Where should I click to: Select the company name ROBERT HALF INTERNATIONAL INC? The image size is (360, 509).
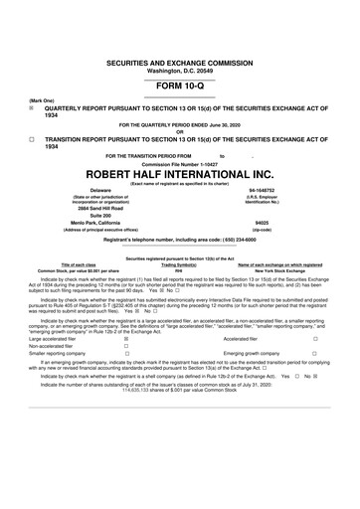point(179,171)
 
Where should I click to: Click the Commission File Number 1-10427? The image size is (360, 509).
point(179,161)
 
